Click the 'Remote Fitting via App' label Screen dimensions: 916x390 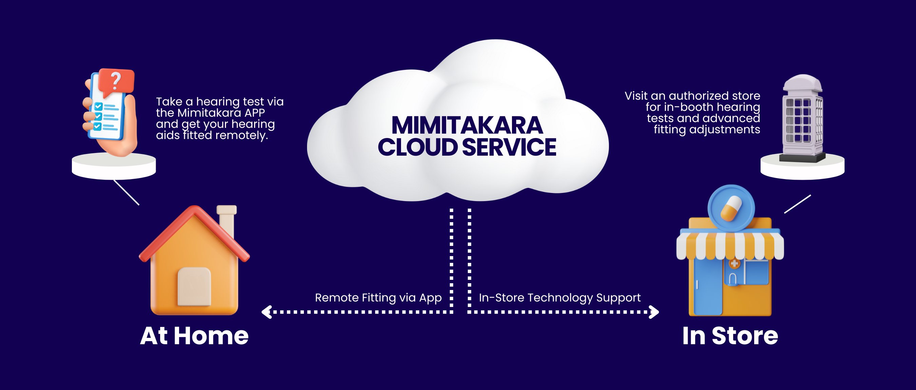pyautogui.click(x=378, y=297)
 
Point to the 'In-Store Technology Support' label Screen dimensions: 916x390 pyautogui.click(x=560, y=297)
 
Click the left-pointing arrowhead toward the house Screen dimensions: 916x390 pyautogui.click(x=267, y=312)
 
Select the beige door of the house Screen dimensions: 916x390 pyautogui.click(x=194, y=287)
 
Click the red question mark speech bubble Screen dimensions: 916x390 pyautogui.click(x=116, y=82)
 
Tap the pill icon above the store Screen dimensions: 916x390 pyautogui.click(x=731, y=208)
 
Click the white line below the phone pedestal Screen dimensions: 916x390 pyautogui.click(x=126, y=192)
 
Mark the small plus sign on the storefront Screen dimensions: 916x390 pyautogui.click(x=734, y=264)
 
